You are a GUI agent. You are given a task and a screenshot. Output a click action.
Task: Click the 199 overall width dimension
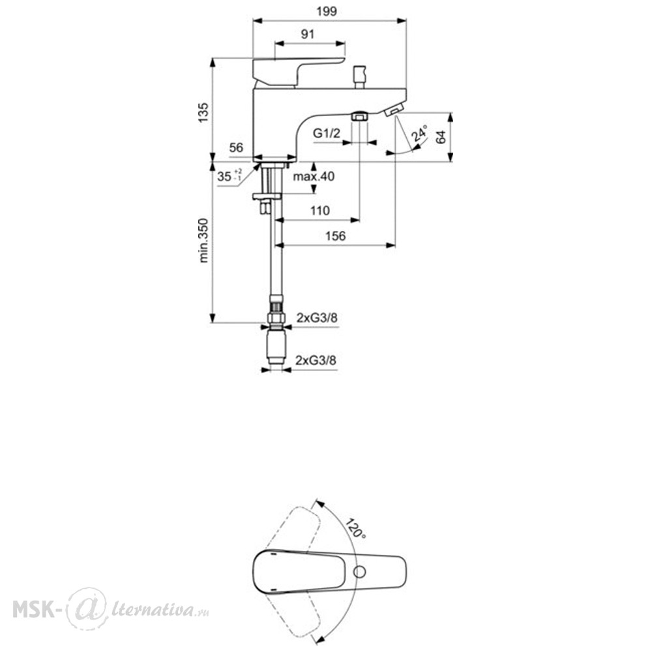point(327,11)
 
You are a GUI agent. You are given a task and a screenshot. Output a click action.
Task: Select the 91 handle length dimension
point(308,34)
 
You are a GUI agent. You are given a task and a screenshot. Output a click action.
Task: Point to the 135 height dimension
point(203,112)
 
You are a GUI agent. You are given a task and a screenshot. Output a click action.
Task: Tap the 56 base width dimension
point(236,147)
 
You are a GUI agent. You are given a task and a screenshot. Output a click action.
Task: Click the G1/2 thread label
point(327,134)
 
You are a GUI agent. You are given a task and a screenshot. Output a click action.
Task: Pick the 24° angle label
point(419,133)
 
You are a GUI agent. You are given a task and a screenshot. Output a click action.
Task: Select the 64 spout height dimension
point(441,137)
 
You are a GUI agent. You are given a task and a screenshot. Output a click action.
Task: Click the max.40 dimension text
point(314,176)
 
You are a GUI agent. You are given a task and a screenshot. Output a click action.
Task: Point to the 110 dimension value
point(319,211)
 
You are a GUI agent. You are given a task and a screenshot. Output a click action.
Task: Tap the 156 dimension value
point(335,236)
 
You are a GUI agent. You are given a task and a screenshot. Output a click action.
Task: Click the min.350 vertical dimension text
point(203,241)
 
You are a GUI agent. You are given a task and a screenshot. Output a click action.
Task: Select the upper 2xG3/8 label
point(317,318)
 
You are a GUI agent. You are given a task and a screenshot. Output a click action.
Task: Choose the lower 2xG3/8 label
point(316,360)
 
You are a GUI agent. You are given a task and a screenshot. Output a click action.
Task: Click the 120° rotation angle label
point(356,529)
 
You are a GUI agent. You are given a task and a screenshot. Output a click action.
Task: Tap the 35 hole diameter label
point(229,176)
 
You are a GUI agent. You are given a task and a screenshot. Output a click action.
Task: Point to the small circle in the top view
point(360,572)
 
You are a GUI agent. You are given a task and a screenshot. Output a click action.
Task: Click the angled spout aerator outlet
point(394,111)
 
